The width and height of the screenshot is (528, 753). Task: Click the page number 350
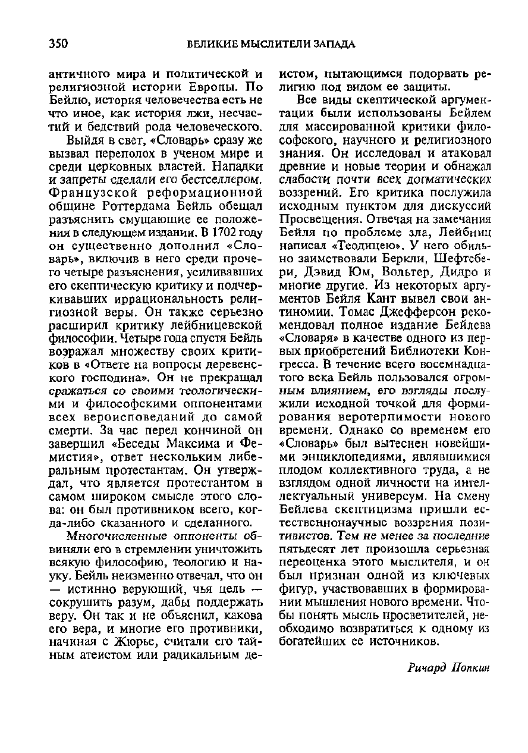(x=59, y=43)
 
